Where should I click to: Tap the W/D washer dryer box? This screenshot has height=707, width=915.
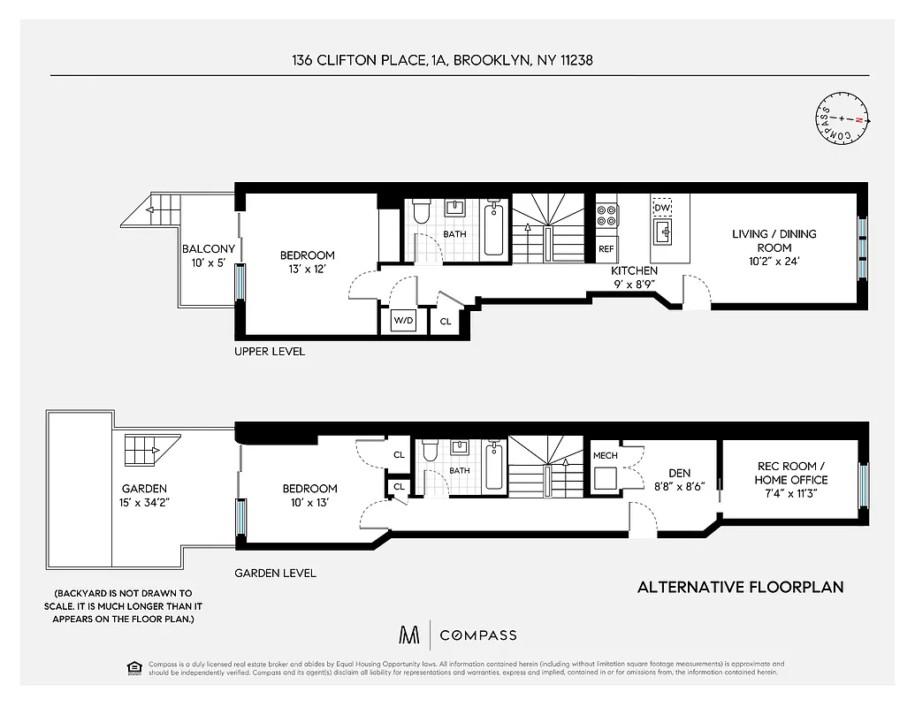(x=403, y=321)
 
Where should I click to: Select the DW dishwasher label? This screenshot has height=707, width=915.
(x=662, y=207)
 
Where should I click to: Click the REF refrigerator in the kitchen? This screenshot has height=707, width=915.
(x=606, y=249)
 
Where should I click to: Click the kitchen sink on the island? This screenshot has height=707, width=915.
(x=662, y=232)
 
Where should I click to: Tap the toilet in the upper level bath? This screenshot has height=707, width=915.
(x=421, y=211)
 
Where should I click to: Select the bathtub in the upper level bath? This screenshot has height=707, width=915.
(x=494, y=230)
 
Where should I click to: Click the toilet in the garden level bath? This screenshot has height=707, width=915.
(x=429, y=451)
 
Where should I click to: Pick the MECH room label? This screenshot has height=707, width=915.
(x=605, y=457)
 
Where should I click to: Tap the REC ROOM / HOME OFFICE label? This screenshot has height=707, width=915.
(x=790, y=473)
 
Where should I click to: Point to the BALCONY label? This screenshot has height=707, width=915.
(x=208, y=249)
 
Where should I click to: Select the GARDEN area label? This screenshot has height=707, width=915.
(x=145, y=488)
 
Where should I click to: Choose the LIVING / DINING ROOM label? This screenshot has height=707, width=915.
(x=774, y=240)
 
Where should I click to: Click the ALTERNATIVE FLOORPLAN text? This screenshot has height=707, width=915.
(x=740, y=587)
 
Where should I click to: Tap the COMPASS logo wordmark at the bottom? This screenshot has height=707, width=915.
(x=478, y=635)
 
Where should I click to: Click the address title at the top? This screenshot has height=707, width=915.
(x=448, y=60)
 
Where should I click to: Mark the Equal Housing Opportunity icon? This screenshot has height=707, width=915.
(x=133, y=666)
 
